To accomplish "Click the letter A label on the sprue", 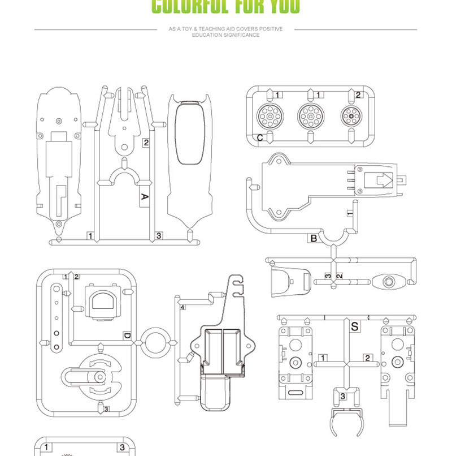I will coord(144,197).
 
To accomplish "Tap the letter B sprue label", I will coord(314,238).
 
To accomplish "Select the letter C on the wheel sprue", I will coord(260,137).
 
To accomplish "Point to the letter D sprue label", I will coord(127,336).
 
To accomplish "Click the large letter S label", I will coord(355,326).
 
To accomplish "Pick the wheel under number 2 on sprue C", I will coord(351,117).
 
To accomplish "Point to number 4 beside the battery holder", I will coord(183,307).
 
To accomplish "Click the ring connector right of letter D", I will coord(156,343).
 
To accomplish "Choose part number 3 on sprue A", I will coord(159,235).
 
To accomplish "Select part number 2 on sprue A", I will coord(146,143).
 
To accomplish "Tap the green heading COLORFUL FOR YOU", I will coord(226,7).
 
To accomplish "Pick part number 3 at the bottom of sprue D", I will coord(106,409).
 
